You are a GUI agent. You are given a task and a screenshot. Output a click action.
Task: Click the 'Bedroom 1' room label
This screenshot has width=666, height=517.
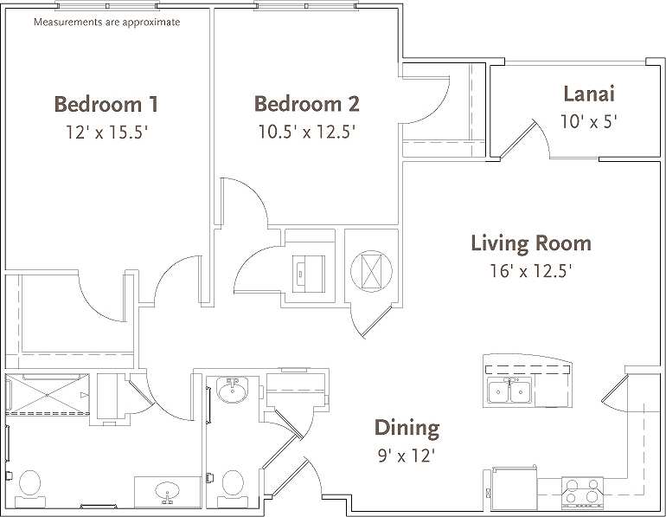click(106, 105)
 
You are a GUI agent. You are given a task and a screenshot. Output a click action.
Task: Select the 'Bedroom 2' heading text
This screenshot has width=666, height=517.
click(306, 104)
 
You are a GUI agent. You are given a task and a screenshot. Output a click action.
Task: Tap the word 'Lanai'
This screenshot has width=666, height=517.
click(588, 94)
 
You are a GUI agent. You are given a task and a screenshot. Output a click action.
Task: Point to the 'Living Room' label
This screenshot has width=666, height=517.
click(531, 242)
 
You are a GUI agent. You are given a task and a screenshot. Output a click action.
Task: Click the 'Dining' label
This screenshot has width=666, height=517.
click(407, 427)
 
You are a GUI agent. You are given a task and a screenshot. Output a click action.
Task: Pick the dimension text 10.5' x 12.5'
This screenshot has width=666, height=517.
click(306, 132)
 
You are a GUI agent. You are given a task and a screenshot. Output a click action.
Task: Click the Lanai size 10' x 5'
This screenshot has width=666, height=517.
click(588, 121)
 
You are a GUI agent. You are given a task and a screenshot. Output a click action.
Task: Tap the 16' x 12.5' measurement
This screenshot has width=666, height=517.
click(531, 270)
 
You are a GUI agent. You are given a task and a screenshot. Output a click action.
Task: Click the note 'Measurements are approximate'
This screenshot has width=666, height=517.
click(106, 22)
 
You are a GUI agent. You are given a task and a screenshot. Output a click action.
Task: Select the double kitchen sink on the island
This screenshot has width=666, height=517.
click(509, 391)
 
